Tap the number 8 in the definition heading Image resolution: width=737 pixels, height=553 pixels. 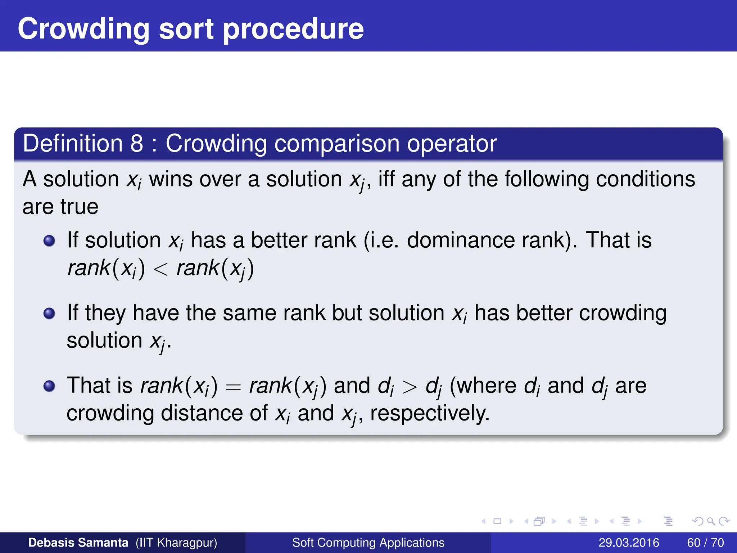tap(137, 143)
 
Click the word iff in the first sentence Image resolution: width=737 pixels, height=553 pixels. tap(386, 179)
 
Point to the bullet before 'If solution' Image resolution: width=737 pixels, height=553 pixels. tap(49, 240)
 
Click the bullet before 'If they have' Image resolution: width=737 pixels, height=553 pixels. tap(49, 313)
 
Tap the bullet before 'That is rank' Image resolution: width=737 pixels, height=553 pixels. tap(49, 386)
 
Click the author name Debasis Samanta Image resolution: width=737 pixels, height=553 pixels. tap(78, 543)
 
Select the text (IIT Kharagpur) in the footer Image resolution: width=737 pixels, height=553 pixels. tap(176, 543)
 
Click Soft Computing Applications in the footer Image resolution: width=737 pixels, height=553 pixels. tap(368, 543)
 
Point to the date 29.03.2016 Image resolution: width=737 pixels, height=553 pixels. tap(629, 543)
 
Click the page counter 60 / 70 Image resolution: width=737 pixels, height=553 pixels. tap(705, 543)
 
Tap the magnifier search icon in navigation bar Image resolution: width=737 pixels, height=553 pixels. tap(711, 521)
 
